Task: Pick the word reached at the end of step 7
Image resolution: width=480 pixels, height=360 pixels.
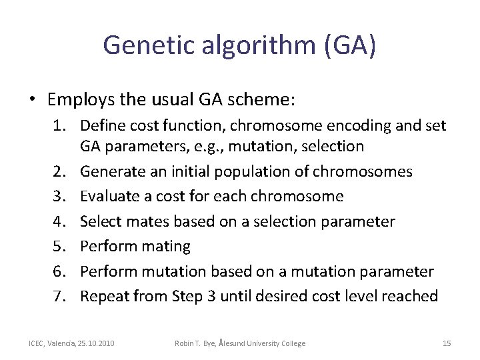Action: coord(413,296)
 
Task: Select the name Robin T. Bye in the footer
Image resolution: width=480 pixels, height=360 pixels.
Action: coord(197,343)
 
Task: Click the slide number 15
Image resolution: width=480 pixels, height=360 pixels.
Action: coord(446,343)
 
